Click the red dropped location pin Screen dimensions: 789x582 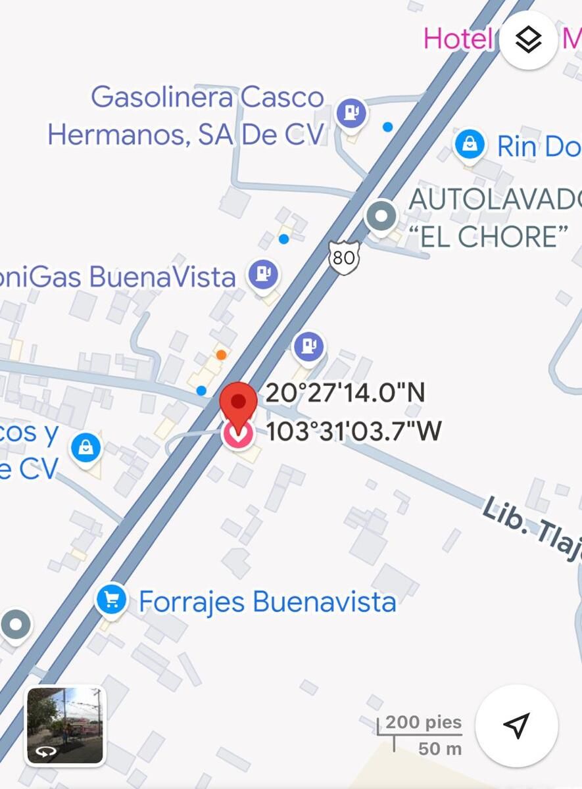(238, 402)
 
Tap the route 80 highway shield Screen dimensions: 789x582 (343, 258)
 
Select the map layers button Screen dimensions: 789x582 (528, 41)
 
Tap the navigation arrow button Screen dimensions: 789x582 (516, 725)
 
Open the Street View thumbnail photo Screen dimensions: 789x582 (64, 725)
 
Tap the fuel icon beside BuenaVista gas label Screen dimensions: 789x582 (263, 274)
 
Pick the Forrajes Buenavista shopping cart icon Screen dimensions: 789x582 (111, 600)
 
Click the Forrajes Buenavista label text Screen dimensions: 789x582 (268, 602)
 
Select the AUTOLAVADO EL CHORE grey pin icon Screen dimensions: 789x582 (381, 216)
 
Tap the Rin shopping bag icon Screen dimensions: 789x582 (470, 143)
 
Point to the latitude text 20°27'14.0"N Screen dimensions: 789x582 (345, 393)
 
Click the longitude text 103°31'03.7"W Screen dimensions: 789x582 (354, 432)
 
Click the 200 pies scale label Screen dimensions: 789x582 (424, 723)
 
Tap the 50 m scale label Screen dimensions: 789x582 (440, 748)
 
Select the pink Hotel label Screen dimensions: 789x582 (458, 39)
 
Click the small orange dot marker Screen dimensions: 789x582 (222, 355)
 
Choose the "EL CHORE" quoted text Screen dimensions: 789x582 (493, 237)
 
